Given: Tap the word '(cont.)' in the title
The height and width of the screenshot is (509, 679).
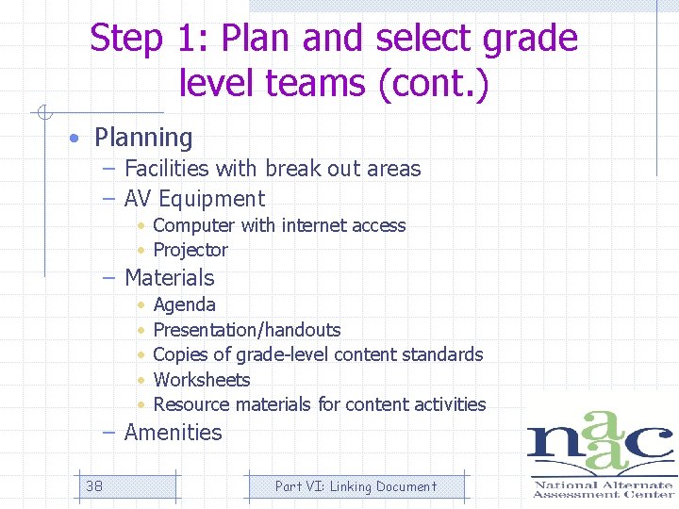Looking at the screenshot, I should [433, 83].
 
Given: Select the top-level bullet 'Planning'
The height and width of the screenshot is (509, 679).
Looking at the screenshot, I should [143, 138].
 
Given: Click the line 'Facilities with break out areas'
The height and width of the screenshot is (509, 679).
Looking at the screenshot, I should [273, 169].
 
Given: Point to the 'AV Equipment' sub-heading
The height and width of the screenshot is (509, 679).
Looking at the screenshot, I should [194, 199].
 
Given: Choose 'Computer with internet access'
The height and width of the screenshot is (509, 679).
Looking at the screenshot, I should [279, 225].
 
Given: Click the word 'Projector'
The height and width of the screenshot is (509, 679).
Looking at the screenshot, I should [190, 250].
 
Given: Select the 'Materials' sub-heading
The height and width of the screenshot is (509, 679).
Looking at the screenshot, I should [170, 278].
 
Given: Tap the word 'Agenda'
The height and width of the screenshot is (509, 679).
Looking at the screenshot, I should [184, 304].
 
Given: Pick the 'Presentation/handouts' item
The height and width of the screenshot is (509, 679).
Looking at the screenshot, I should [247, 330].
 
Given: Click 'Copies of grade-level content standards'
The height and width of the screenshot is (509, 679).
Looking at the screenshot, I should [318, 354].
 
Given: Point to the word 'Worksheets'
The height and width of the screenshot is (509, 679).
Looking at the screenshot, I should [202, 380].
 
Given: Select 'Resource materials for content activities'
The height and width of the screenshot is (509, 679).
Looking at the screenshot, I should [320, 404].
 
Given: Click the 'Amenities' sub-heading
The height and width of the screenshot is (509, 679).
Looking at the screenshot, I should [174, 433].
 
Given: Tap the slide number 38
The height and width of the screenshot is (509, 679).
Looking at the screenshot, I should [94, 486].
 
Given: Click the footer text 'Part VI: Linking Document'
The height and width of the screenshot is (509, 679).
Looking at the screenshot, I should [356, 486].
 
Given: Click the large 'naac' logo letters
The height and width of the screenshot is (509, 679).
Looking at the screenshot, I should [600, 444].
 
